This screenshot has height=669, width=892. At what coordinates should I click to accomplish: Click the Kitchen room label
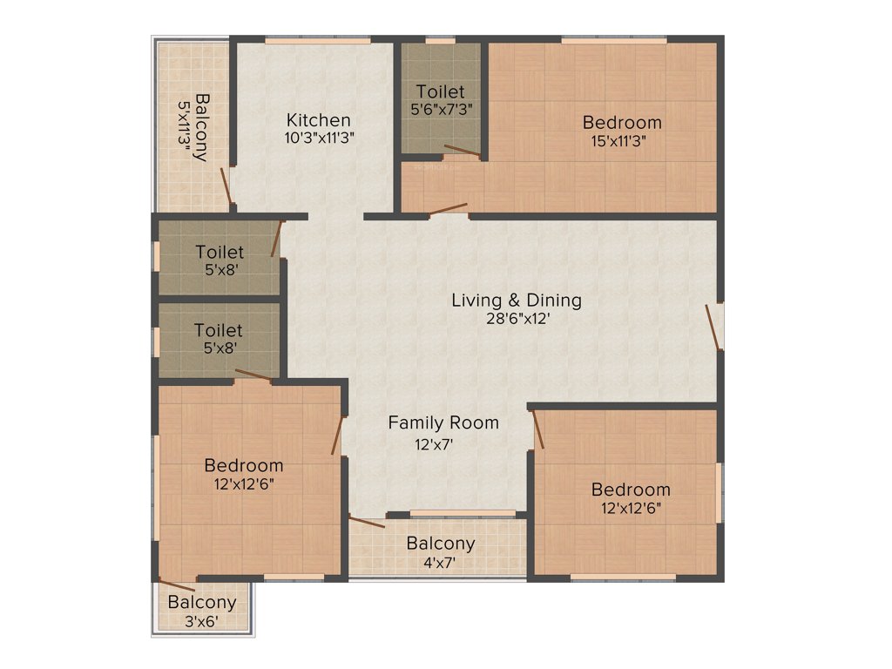coord(319,120)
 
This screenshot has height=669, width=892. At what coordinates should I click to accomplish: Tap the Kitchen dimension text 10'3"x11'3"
coord(319,137)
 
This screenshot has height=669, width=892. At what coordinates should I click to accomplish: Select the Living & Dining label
coord(516,301)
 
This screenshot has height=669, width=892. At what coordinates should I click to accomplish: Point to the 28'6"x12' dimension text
coord(516,319)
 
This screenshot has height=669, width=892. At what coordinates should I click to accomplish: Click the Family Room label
coord(443,423)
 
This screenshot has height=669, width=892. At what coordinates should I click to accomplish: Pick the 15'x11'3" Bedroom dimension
coord(622,139)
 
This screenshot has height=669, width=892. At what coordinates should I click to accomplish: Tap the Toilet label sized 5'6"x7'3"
coord(440,91)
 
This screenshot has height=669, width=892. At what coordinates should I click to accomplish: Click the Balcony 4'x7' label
coord(441,544)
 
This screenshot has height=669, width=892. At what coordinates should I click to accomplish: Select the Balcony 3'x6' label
coord(202,603)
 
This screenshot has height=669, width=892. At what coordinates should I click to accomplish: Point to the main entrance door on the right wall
coord(713,327)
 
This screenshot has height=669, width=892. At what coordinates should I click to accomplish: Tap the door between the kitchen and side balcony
coord(226,187)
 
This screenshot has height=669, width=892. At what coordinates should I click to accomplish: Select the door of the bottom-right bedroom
coord(538,430)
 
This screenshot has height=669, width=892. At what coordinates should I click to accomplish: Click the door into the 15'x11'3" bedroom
coord(448,209)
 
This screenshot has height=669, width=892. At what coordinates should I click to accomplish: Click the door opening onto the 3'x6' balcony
coord(177,585)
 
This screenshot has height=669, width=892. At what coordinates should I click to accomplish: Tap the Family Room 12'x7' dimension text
coord(433,443)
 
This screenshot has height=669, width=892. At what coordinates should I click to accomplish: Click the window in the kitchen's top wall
coord(316,39)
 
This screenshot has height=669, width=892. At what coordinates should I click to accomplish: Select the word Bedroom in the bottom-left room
coord(243,466)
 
